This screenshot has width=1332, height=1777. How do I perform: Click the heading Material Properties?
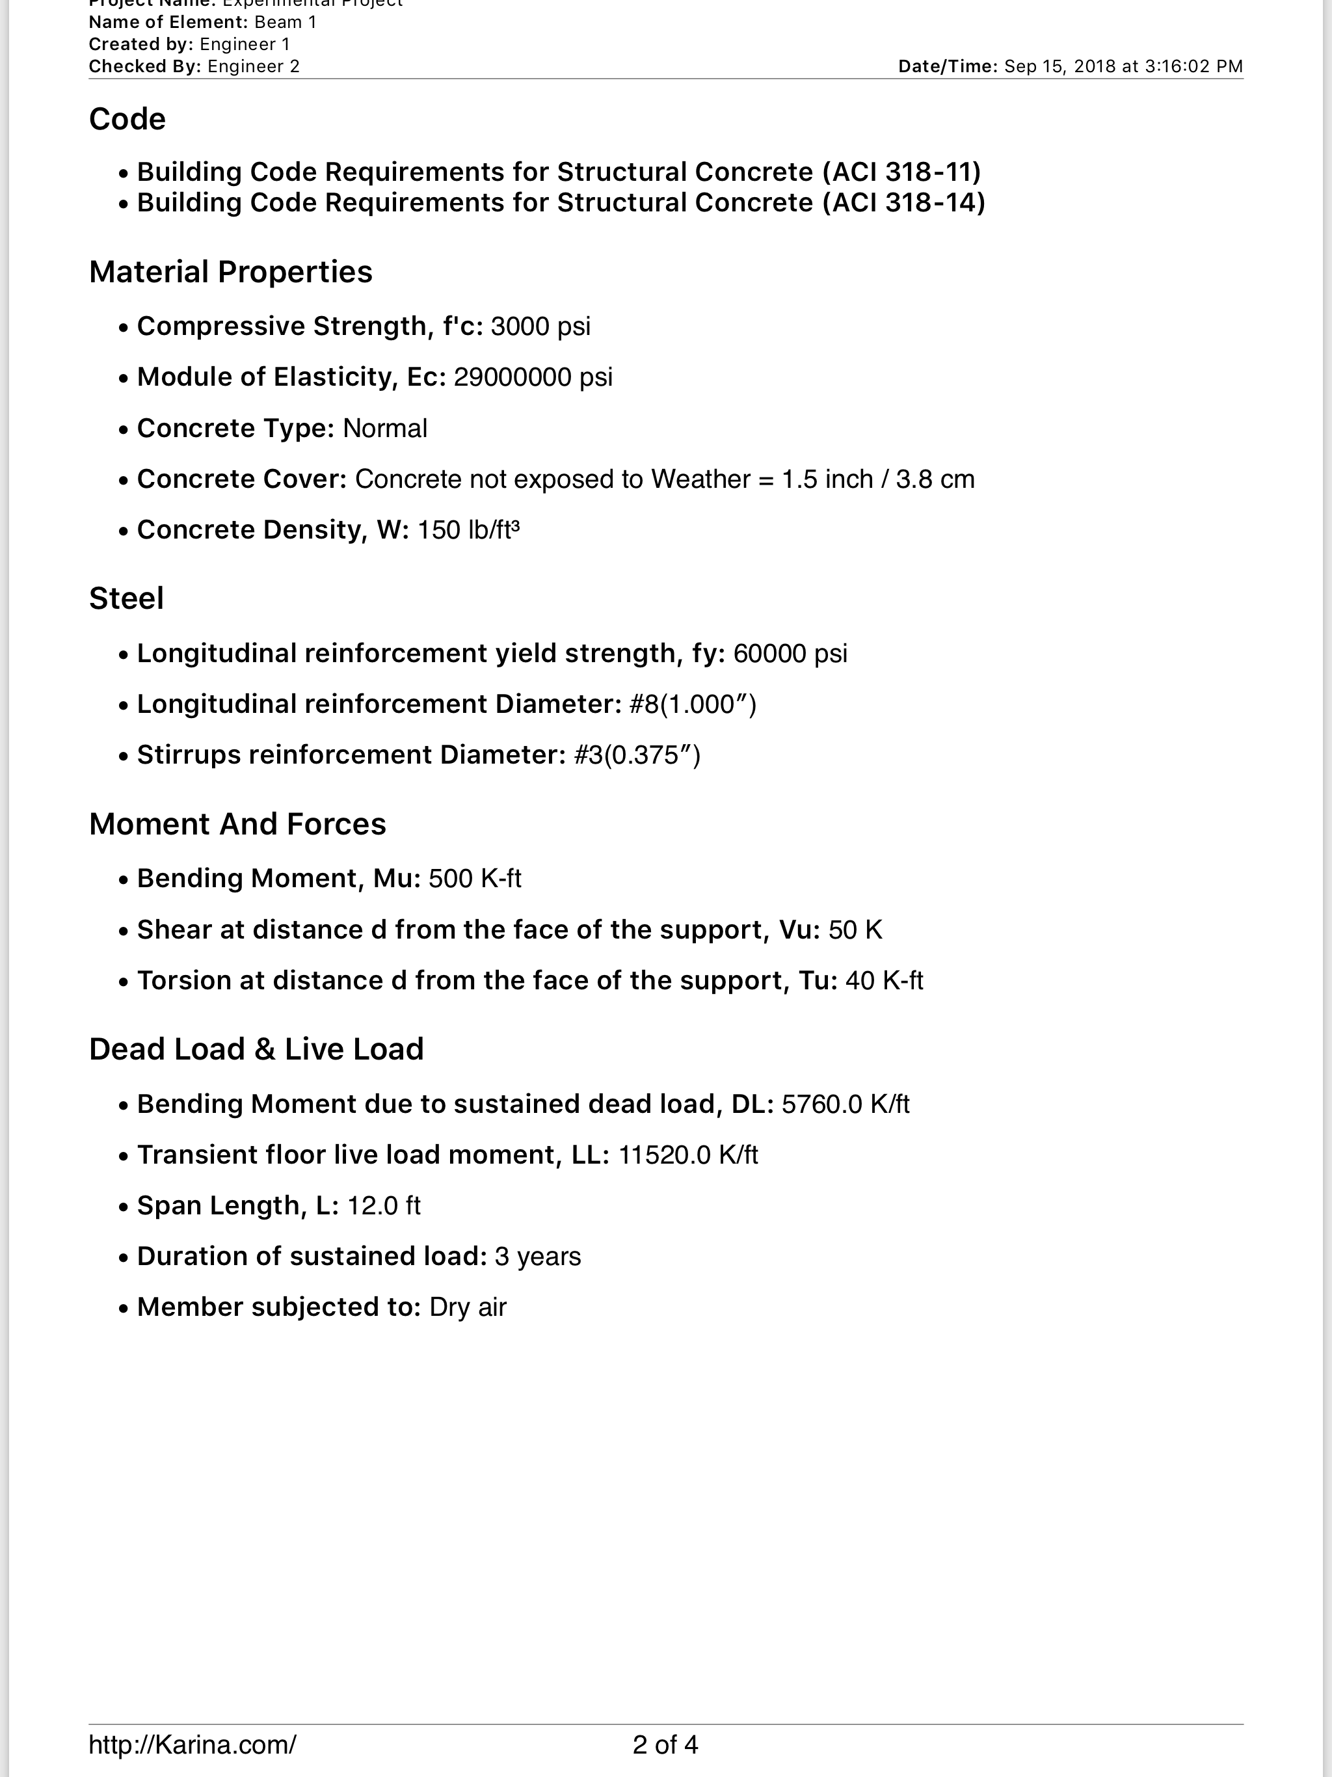(x=231, y=273)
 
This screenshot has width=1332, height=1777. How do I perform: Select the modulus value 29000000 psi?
(x=533, y=377)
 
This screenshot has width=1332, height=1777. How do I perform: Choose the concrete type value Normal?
(x=385, y=428)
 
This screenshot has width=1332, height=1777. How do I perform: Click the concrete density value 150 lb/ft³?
(x=468, y=530)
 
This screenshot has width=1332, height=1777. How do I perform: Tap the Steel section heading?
(x=126, y=598)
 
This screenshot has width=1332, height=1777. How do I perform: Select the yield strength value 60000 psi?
(x=790, y=653)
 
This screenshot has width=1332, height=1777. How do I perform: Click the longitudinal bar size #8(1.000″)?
(x=693, y=704)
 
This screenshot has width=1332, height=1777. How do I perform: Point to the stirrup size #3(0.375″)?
(x=637, y=755)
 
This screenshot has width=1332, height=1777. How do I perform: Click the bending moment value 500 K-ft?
(x=475, y=879)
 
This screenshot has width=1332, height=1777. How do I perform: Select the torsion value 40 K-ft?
(x=884, y=981)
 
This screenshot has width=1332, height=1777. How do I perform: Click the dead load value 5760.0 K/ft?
(x=845, y=1104)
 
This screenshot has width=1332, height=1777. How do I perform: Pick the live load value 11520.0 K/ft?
(x=687, y=1155)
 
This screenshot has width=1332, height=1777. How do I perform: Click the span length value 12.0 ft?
(x=383, y=1206)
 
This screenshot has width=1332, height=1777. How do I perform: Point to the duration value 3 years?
(x=537, y=1257)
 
